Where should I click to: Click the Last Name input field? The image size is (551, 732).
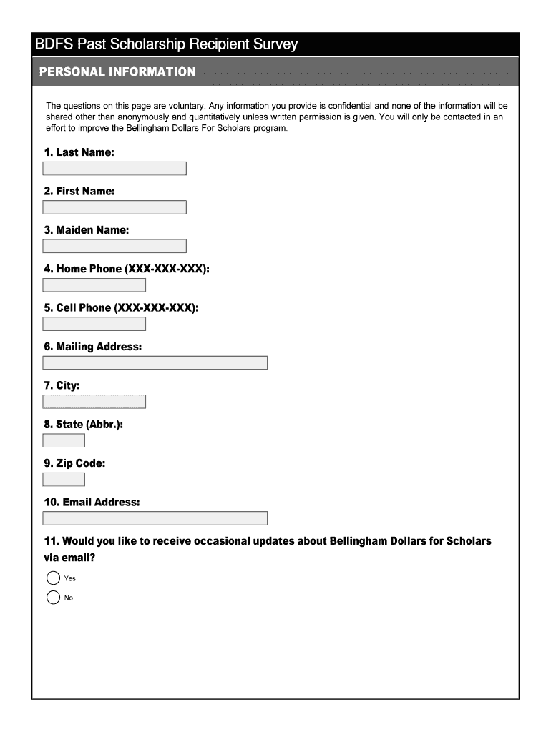point(114,169)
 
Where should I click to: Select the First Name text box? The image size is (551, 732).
point(114,207)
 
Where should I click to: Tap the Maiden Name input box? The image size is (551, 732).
point(114,246)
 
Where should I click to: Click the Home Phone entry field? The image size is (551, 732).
point(94,285)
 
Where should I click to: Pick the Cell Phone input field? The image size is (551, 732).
point(94,324)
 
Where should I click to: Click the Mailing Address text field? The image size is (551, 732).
point(155,362)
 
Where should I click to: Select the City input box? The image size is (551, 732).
point(94,402)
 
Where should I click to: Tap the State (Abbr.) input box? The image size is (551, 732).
point(64,440)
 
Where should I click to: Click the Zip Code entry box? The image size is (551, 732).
point(64,479)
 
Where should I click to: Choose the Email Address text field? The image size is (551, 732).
point(155,518)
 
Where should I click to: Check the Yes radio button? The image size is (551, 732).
point(54,578)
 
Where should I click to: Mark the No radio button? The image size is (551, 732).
point(54,598)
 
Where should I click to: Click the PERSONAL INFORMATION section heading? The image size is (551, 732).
point(117,72)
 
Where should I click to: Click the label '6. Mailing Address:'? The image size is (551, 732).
point(93,347)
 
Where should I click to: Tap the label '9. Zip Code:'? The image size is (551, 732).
point(74,463)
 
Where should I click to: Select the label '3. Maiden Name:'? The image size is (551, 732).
point(87,230)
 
